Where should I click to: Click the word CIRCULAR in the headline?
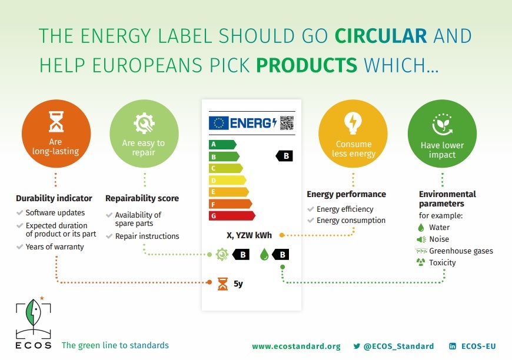pyautogui.click(x=381, y=36)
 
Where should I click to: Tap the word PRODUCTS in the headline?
pyautogui.click(x=307, y=65)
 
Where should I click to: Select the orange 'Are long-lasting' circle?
pyautogui.click(x=56, y=134)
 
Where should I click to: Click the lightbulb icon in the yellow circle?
pyautogui.click(x=353, y=123)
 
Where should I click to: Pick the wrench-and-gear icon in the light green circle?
pyautogui.click(x=144, y=123)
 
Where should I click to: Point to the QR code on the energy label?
pyautogui.click(x=287, y=123)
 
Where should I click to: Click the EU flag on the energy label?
pyautogui.click(x=219, y=123)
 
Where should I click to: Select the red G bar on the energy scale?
pyautogui.click(x=232, y=216)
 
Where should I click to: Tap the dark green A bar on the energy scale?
pyautogui.click(x=222, y=144)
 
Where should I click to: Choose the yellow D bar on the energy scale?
pyautogui.click(x=227, y=180)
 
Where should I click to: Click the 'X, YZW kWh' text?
pyautogui.click(x=249, y=235)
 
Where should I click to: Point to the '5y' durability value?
pyautogui.click(x=238, y=284)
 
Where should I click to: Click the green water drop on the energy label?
pyautogui.click(x=264, y=254)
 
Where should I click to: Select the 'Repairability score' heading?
pyautogui.click(x=142, y=198)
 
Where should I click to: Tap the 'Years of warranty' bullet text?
pyautogui.click(x=55, y=246)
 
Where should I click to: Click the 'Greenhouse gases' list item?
pyautogui.click(x=461, y=251)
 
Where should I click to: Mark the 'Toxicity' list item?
pyautogui.click(x=442, y=262)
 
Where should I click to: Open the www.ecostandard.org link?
pyautogui.click(x=296, y=346)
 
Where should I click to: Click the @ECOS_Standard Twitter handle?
pyautogui.click(x=398, y=346)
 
